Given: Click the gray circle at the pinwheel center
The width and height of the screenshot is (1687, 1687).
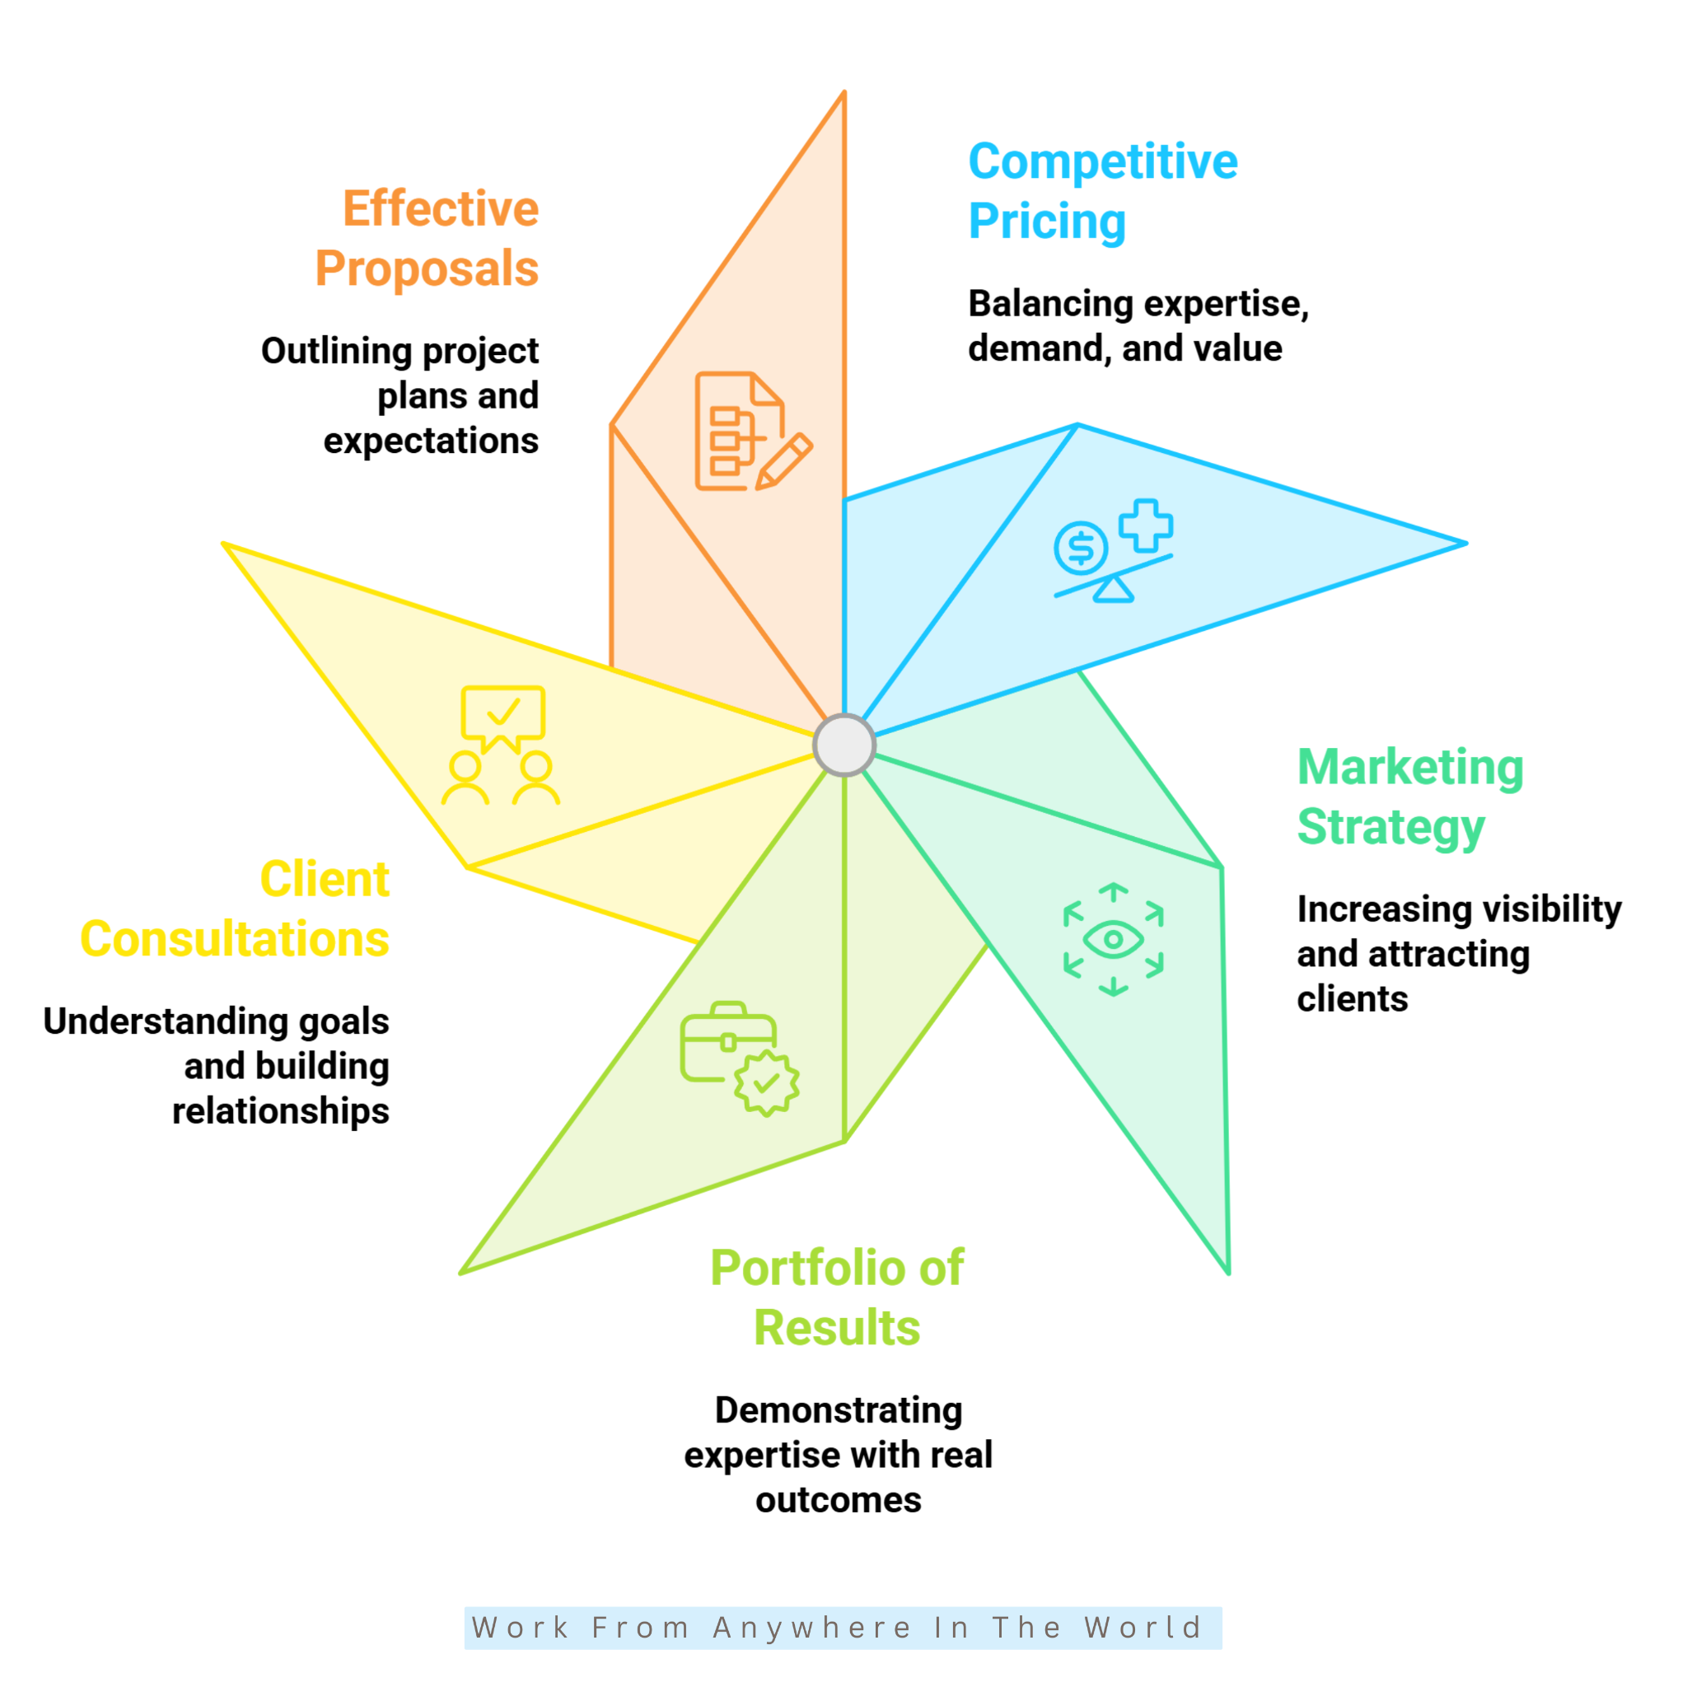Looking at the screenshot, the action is click(x=843, y=745).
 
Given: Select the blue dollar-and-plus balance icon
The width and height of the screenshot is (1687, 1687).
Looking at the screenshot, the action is click(x=1114, y=551).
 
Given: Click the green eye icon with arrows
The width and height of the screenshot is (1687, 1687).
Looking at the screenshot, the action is click(x=1114, y=940).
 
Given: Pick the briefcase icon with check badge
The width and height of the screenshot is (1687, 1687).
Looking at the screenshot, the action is click(x=740, y=1058).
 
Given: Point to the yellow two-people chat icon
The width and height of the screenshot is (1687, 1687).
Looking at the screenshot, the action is click(x=500, y=745).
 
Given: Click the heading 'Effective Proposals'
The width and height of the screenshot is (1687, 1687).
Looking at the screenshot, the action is click(x=427, y=238).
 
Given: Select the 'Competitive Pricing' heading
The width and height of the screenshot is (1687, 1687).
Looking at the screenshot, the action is click(x=1103, y=191).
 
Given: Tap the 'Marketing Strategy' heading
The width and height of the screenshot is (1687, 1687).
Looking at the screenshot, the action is click(x=1410, y=797).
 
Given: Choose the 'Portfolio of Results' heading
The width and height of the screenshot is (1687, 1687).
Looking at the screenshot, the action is click(x=838, y=1297).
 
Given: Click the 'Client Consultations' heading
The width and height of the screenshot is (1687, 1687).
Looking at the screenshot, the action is click(x=235, y=909).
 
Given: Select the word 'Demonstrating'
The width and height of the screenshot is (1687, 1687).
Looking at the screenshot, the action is click(x=839, y=1410).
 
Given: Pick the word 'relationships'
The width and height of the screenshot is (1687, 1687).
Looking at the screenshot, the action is click(x=280, y=1111).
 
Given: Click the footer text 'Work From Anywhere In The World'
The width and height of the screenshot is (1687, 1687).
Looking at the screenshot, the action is click(x=837, y=1628).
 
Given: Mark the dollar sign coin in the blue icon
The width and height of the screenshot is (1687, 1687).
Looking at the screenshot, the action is click(x=1081, y=549).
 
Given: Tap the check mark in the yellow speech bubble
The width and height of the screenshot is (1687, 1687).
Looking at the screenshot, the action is click(x=504, y=712).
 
